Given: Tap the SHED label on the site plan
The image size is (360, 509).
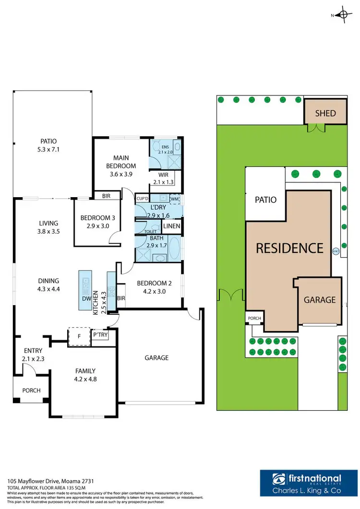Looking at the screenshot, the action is click(325, 114).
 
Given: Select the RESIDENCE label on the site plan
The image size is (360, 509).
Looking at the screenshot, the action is click(289, 248).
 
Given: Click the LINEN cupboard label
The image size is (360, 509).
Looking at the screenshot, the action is click(172, 226).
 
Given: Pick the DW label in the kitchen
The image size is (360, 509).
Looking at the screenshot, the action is click(87, 298).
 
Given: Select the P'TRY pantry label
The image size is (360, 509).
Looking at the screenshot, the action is click(100, 334).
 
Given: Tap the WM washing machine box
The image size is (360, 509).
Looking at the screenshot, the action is click(175, 198).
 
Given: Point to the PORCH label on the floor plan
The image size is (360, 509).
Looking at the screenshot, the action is click(32, 391).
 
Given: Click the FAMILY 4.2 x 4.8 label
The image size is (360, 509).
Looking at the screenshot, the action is click(84, 374).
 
